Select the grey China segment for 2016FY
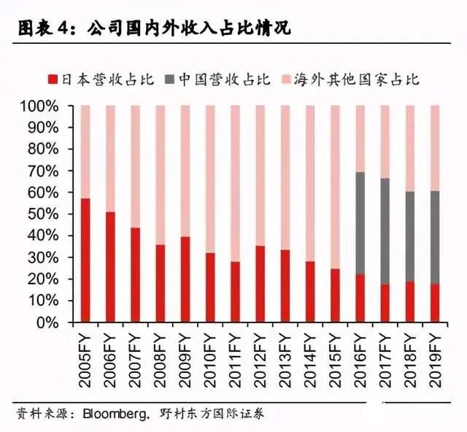[360, 223]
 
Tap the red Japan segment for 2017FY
[385, 303]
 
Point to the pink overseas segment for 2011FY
[236, 183]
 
